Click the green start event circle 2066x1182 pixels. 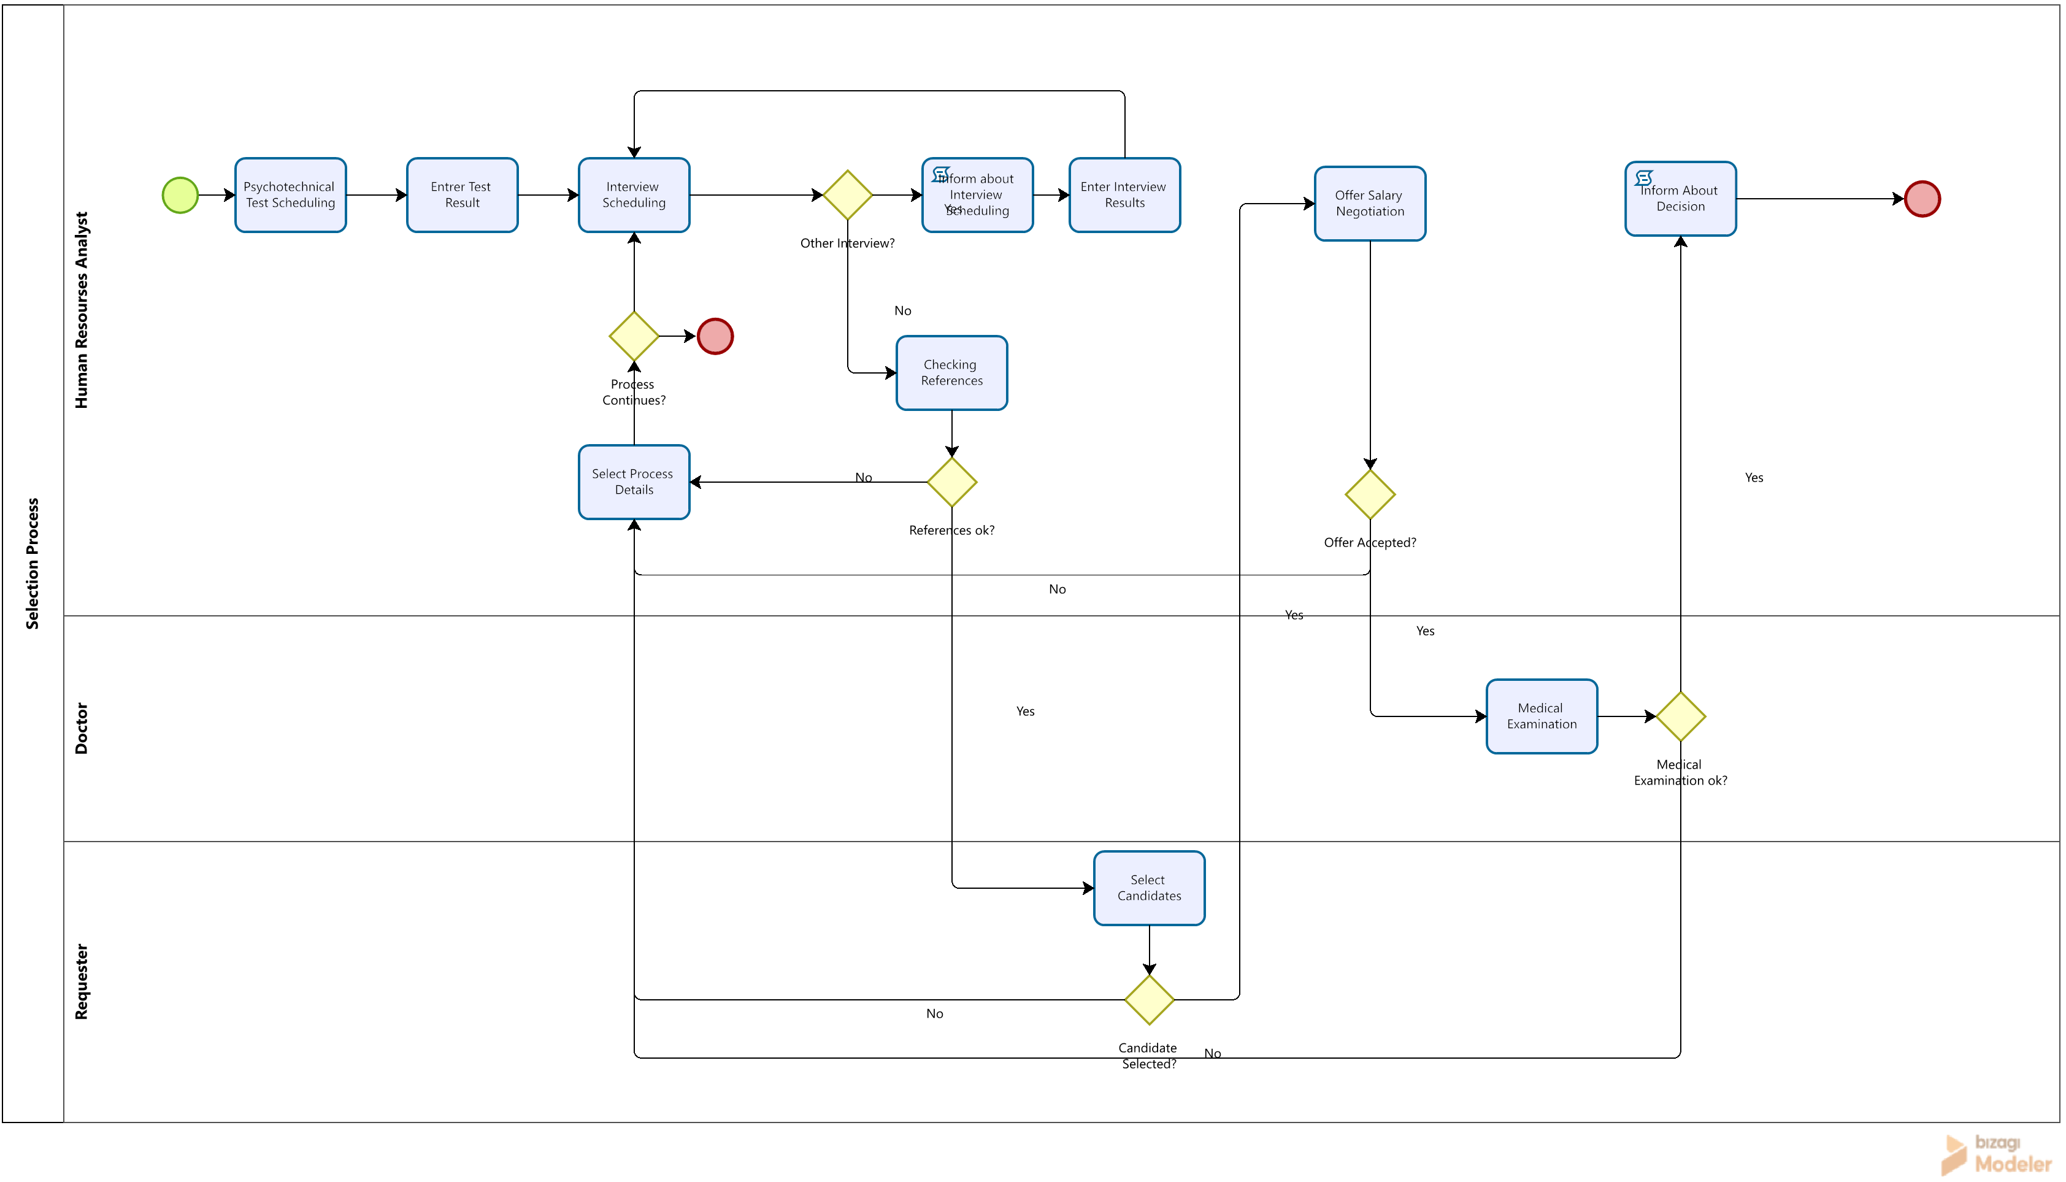(180, 196)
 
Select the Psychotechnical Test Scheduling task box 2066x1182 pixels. (291, 196)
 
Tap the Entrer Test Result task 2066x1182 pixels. (462, 196)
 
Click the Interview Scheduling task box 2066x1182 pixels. (634, 196)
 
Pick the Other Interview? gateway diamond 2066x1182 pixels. (848, 195)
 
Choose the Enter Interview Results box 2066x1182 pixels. (1124, 196)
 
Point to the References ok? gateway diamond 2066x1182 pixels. (951, 482)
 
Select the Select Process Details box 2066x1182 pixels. (634, 482)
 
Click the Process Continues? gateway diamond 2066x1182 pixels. (634, 336)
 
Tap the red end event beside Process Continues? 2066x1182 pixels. (715, 336)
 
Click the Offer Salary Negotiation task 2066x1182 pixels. (1370, 204)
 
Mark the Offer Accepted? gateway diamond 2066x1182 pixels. (1370, 494)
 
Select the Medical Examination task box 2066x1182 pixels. (1542, 716)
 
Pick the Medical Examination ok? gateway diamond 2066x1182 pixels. (1680, 716)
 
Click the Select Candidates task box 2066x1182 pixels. (1149, 888)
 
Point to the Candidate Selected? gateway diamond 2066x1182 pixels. (1149, 1000)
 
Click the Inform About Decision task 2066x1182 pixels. (1680, 199)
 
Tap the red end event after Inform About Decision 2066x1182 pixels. (1922, 199)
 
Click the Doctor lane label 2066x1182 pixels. (81, 728)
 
